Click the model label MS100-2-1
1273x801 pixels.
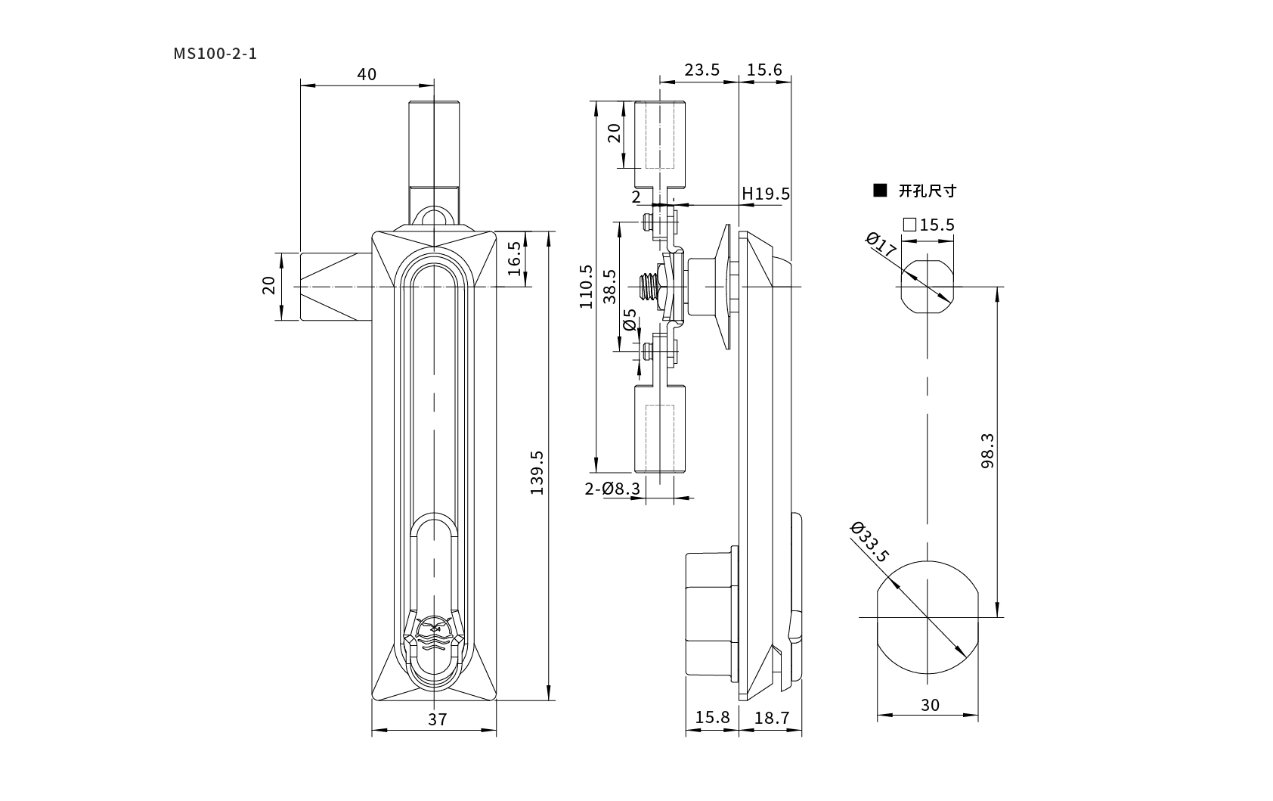(215, 54)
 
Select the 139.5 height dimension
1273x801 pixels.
(537, 473)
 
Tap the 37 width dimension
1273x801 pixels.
(437, 719)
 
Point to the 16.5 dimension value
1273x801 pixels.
(514, 259)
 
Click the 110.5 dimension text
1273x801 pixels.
(586, 287)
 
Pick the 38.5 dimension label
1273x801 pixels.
(609, 287)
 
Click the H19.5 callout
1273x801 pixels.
(766, 194)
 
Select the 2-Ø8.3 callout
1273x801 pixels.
(612, 489)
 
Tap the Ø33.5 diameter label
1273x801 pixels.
(869, 542)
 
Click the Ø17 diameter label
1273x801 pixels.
(881, 244)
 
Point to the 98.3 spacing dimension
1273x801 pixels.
(988, 451)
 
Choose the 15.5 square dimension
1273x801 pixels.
(929, 225)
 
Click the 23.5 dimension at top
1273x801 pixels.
(702, 70)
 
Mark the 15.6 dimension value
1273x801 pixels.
(764, 70)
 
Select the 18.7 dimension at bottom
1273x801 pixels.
(771, 718)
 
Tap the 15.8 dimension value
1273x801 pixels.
(712, 718)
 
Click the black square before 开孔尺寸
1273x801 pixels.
(880, 191)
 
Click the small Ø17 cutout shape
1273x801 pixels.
(928, 287)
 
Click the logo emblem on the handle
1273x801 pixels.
(435, 633)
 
